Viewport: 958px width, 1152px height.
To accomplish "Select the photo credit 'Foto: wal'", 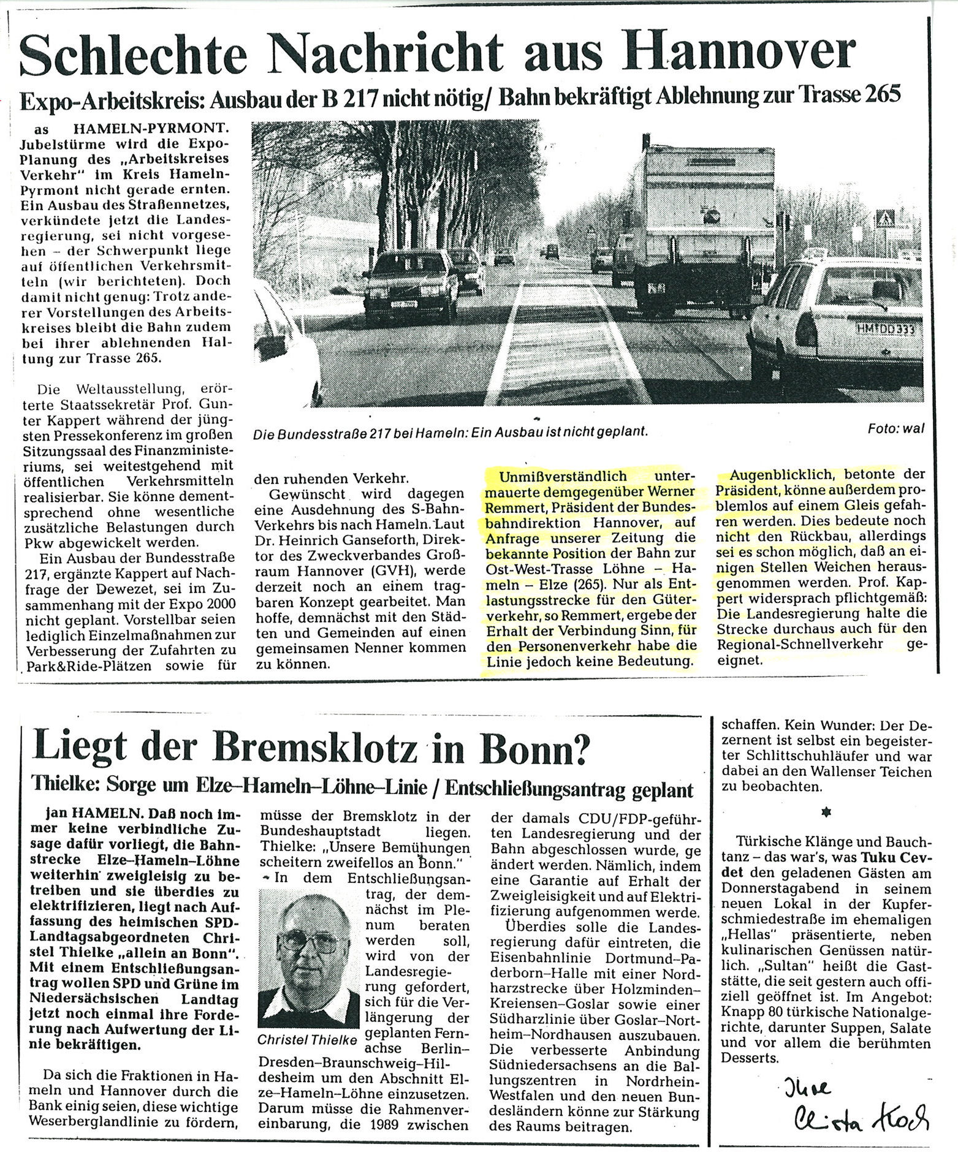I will point(895,429).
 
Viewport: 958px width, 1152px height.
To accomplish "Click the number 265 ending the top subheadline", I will point(883,96).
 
